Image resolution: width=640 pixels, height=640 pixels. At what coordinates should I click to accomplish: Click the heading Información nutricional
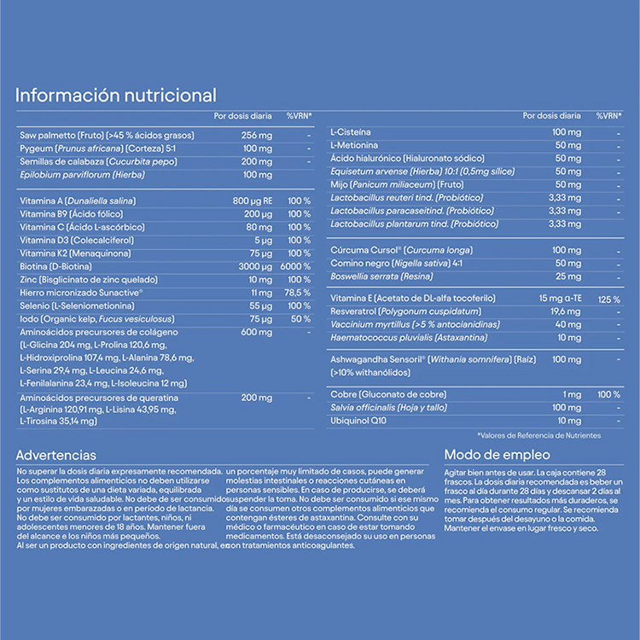click(116, 95)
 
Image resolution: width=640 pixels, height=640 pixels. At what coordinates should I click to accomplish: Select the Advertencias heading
click(56, 455)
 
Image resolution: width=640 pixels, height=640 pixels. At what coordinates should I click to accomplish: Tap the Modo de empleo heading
click(497, 455)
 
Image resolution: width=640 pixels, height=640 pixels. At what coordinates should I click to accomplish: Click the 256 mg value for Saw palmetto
click(256, 136)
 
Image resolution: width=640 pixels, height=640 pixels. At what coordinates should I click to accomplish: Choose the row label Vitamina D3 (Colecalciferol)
click(70, 241)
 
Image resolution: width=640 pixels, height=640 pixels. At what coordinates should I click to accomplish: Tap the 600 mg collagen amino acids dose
click(256, 332)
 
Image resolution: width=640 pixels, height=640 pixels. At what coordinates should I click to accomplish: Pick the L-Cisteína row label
click(350, 132)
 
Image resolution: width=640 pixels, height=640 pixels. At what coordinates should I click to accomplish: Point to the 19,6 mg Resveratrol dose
click(567, 311)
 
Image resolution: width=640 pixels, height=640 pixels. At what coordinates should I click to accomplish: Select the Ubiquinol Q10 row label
click(359, 421)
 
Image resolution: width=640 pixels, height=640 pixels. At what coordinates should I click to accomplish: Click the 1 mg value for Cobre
click(572, 394)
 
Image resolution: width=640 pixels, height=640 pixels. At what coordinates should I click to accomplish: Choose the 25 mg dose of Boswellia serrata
click(568, 276)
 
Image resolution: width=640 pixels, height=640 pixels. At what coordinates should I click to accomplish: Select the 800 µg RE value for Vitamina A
click(253, 201)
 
